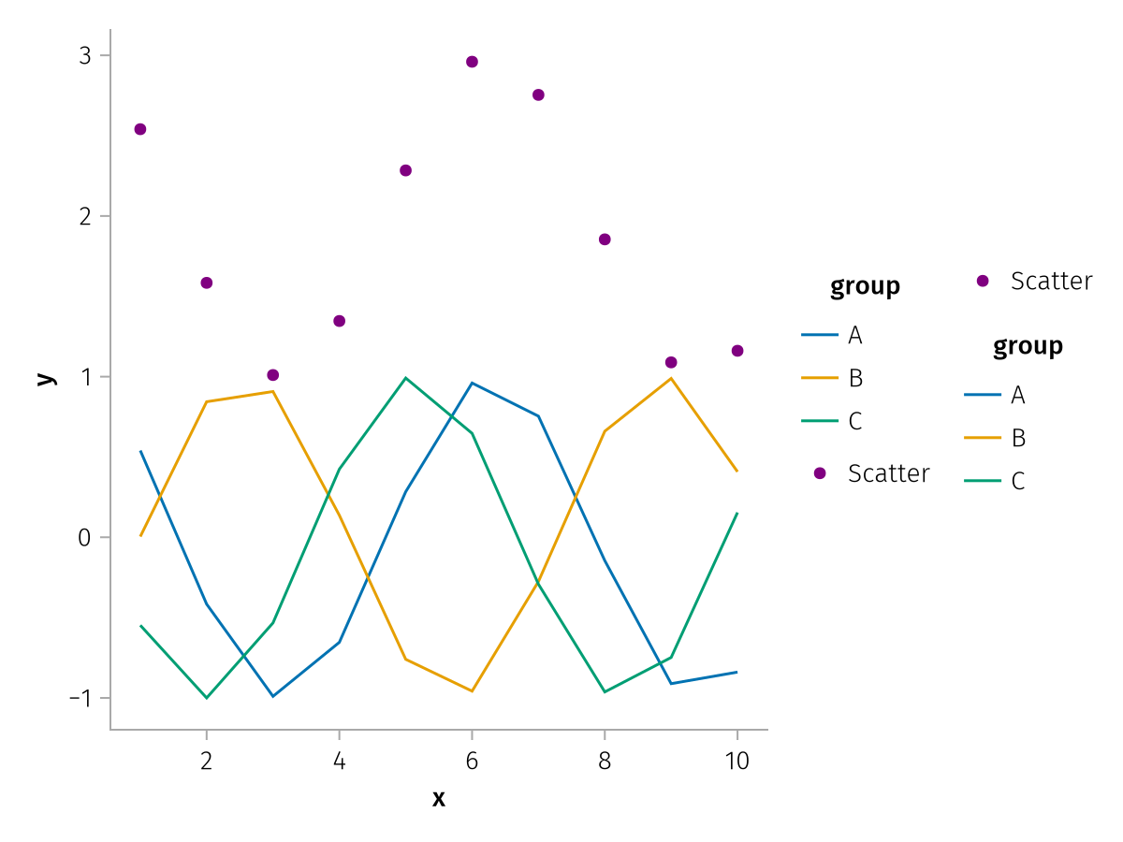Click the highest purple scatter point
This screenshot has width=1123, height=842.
(472, 62)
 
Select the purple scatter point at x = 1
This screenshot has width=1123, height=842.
(140, 129)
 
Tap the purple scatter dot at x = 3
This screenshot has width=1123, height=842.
(273, 375)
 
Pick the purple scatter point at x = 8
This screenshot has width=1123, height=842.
(605, 240)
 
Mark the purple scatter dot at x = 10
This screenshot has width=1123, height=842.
(737, 351)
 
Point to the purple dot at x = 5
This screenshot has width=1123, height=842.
(405, 170)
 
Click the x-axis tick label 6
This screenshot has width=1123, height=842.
(472, 762)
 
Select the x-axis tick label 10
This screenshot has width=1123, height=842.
(737, 762)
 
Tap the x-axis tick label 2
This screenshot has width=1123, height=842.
(207, 762)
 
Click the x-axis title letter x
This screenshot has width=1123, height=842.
(439, 799)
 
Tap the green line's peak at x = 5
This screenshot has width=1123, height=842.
(405, 378)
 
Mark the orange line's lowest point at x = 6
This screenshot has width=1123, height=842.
(472, 691)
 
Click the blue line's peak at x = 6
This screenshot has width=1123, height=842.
(472, 383)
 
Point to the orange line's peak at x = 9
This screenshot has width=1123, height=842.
(671, 378)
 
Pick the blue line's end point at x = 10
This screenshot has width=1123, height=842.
(737, 672)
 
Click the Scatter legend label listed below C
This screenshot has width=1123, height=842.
(888, 473)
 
